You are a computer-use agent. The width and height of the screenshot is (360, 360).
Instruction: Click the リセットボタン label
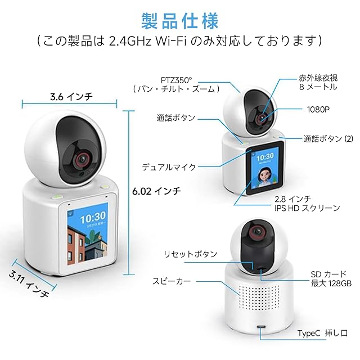[x=190, y=254]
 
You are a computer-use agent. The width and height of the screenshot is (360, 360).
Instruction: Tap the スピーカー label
[x=171, y=281]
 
